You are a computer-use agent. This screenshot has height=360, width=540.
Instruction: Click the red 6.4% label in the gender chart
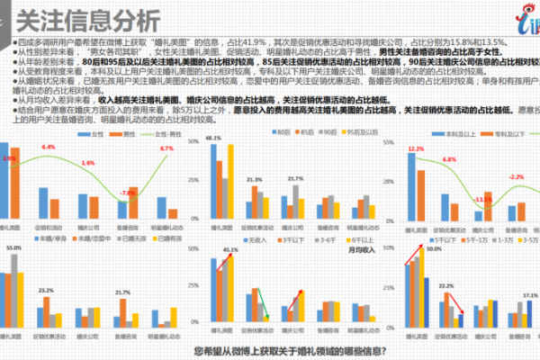(49, 147)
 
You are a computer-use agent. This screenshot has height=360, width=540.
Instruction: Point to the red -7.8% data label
(128, 192)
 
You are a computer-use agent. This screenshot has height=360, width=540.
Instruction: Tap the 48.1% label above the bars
(213, 137)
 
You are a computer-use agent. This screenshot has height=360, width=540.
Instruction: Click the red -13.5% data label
(483, 199)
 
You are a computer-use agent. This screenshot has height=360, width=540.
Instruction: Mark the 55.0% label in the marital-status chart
(13, 247)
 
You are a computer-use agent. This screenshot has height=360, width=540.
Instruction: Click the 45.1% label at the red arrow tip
(230, 249)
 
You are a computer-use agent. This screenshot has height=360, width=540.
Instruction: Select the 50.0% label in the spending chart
(434, 249)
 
